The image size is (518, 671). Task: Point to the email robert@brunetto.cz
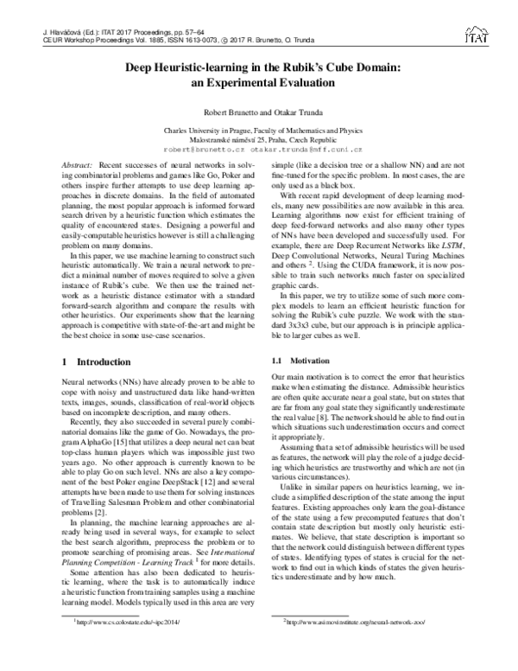tap(213, 149)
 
